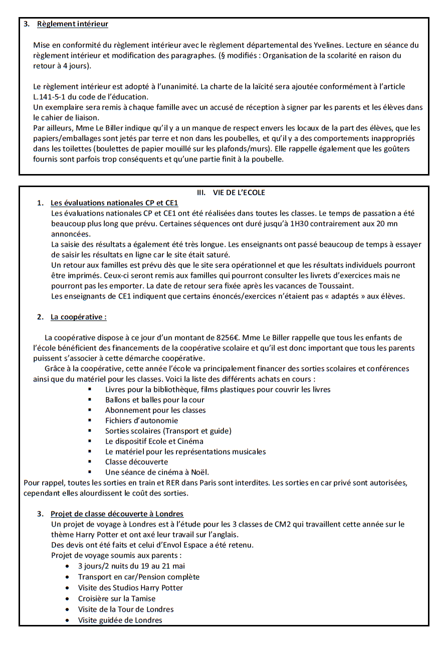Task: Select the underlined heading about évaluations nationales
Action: click(114, 203)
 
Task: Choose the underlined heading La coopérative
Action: click(78, 317)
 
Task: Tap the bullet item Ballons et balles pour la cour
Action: click(155, 400)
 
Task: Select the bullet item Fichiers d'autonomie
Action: click(141, 421)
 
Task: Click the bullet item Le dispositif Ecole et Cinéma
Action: click(154, 441)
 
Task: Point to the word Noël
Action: click(199, 472)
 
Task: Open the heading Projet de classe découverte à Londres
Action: click(117, 514)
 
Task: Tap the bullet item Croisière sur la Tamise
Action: click(117, 598)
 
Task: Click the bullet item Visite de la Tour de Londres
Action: click(126, 609)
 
